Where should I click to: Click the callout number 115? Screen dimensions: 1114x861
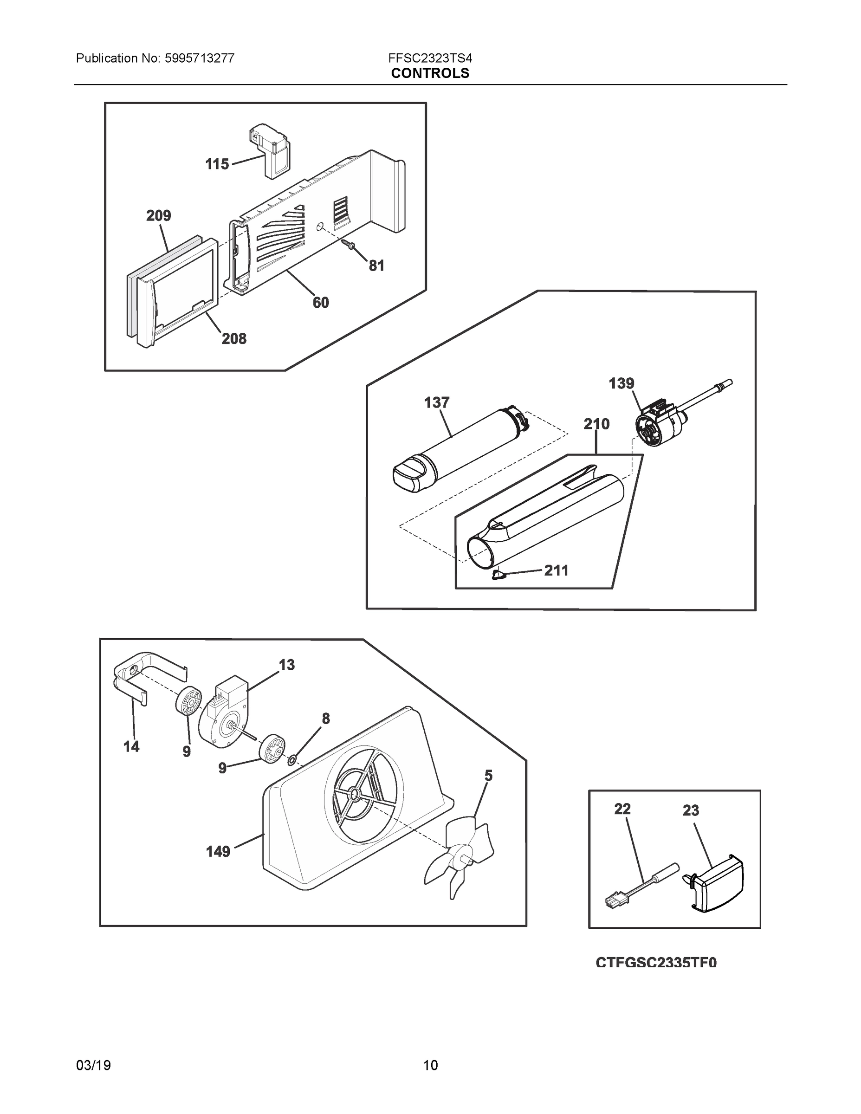click(217, 164)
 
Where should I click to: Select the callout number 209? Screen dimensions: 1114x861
click(159, 215)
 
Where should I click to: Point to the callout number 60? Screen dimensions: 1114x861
click(321, 303)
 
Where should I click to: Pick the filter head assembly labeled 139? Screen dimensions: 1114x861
click(658, 423)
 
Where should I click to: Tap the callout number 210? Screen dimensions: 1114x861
click(596, 424)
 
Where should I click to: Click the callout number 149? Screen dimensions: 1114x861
click(218, 851)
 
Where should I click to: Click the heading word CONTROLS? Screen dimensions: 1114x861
click(430, 73)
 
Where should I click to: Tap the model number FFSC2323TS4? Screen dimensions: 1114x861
click(430, 58)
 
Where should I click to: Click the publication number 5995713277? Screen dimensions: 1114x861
click(199, 58)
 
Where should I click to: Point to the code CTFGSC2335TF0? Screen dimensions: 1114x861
click(656, 962)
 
